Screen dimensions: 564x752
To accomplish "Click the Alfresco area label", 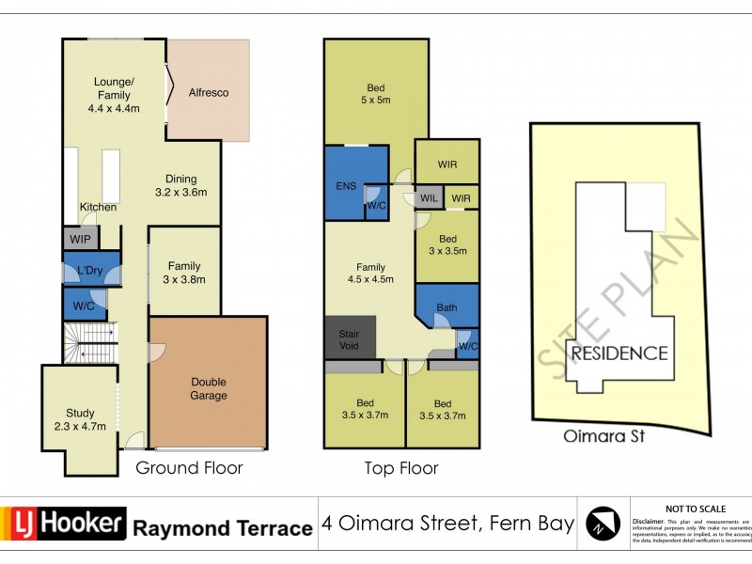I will [209, 93].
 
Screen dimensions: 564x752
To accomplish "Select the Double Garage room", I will [209, 388].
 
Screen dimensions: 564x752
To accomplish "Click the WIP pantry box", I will [80, 239].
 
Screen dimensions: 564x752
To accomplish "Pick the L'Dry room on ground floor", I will [90, 271].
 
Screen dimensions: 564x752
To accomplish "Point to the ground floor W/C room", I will [83, 305].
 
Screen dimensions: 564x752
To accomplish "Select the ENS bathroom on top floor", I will [345, 185].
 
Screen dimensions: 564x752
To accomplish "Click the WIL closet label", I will [428, 198].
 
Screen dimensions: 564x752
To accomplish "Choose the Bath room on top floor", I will [446, 307].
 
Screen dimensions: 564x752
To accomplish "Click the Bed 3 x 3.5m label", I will [448, 245].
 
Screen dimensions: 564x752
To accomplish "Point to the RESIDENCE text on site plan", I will [619, 354].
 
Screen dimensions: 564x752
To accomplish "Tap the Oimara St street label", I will [608, 437].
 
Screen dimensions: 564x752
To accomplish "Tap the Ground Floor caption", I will [189, 467].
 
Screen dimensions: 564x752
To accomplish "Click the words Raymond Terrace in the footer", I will [222, 528].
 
